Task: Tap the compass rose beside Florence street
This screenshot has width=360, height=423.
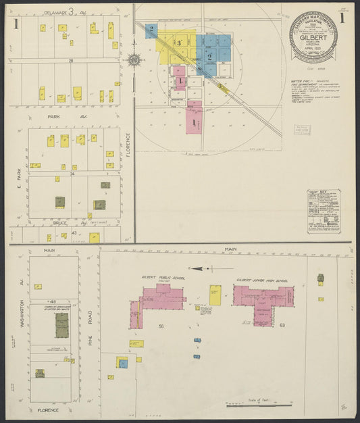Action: (x=134, y=60)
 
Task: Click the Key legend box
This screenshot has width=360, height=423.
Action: (x=324, y=211)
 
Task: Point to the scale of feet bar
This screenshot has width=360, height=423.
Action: (x=259, y=405)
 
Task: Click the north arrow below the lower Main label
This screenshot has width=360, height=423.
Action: (x=203, y=268)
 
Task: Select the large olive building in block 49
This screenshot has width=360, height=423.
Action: (x=61, y=325)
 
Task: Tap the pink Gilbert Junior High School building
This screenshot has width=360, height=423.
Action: (x=263, y=300)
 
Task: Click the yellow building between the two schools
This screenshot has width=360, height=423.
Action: (x=215, y=295)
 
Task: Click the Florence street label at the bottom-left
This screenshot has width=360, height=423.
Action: (x=47, y=409)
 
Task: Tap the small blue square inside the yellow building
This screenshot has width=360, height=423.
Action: (x=123, y=364)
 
